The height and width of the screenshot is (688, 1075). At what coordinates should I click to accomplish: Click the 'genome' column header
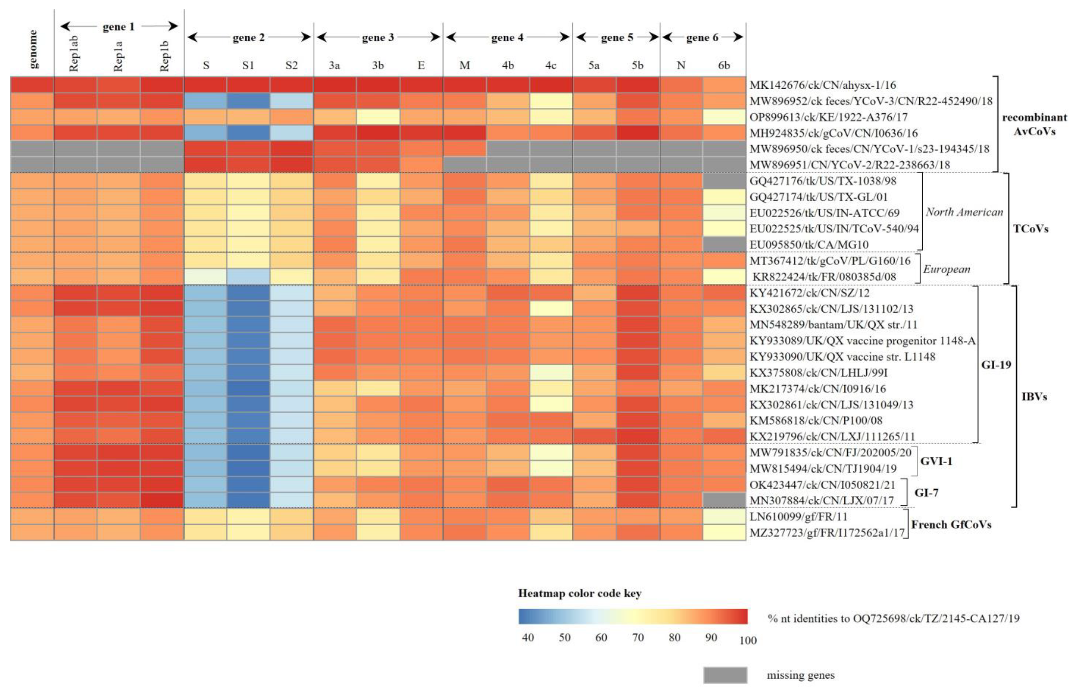[33, 49]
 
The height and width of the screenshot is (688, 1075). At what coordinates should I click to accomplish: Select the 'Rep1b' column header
[164, 55]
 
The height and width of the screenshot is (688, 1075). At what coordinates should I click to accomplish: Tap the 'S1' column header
[248, 65]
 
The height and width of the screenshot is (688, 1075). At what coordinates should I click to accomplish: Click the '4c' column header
[550, 65]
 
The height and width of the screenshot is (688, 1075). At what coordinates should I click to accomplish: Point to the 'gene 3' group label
[378, 38]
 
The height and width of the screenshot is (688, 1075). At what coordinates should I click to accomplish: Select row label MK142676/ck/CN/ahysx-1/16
[822, 85]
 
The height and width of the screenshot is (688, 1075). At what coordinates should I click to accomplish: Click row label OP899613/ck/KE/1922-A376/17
[828, 117]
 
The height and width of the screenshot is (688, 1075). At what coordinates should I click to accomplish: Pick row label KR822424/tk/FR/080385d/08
[824, 277]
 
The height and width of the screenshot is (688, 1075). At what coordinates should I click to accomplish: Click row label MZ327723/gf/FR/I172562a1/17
[827, 533]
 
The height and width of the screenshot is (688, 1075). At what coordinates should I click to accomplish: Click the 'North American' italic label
[964, 212]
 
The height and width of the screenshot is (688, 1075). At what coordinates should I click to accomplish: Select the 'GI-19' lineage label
[996, 365]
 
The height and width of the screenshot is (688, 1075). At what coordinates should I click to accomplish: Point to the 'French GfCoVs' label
[951, 524]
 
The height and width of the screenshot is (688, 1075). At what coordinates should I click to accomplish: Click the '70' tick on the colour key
[638, 638]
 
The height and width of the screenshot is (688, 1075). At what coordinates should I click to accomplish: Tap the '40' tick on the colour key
[527, 638]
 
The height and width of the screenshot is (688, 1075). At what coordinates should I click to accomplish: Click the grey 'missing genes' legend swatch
[725, 675]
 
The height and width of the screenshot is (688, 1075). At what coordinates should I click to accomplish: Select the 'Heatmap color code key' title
[579, 593]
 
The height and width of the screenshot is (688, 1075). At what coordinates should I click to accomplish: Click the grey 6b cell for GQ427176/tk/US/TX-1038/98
[724, 181]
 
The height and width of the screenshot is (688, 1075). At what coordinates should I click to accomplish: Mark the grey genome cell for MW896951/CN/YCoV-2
[32, 165]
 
